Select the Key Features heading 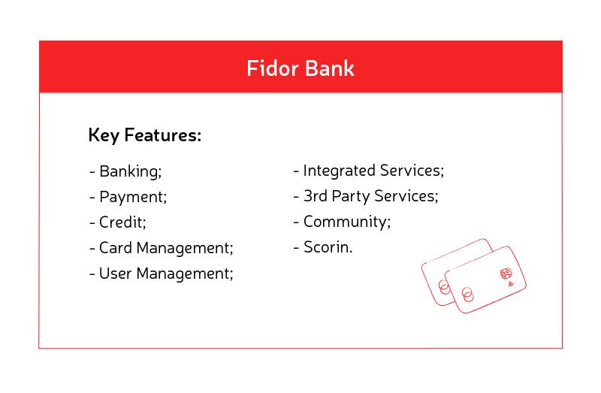[x=144, y=136]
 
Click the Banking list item [x=130, y=171]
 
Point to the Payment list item [x=132, y=197]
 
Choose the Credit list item [x=122, y=222]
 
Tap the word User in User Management [x=115, y=274]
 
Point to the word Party [x=355, y=197]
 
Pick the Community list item [x=346, y=222]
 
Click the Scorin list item [x=327, y=247]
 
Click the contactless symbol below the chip [x=510, y=285]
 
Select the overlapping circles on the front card [x=469, y=294]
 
